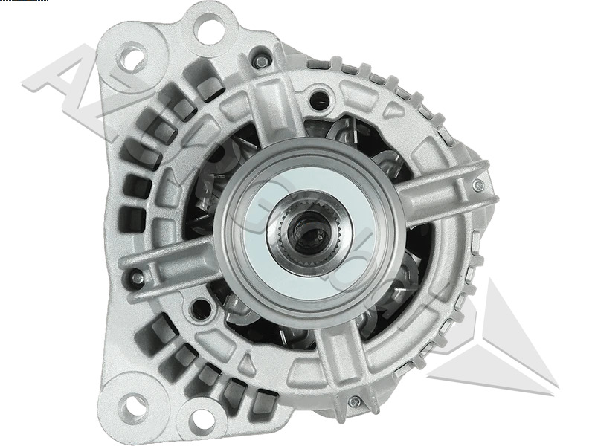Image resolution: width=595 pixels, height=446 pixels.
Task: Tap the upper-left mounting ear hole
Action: click(132, 56)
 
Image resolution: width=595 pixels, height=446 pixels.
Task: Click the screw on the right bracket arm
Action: click(478, 185)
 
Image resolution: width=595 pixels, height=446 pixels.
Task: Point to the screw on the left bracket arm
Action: click(137, 279)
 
